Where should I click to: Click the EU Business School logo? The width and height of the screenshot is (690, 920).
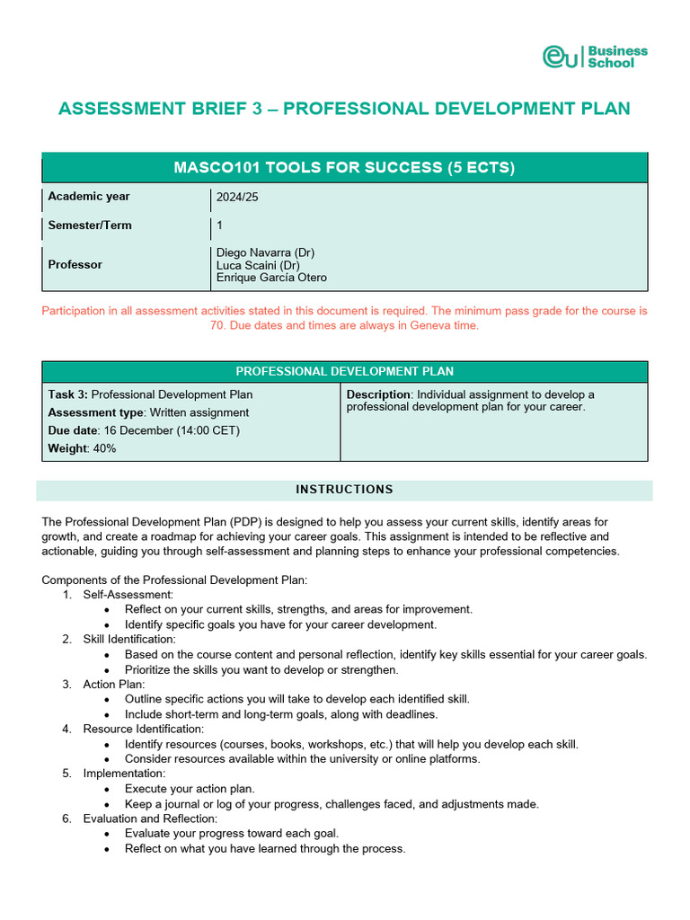pyautogui.click(x=594, y=57)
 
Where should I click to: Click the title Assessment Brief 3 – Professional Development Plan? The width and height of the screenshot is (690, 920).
pyautogui.click(x=344, y=109)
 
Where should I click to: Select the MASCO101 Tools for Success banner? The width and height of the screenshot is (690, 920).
pyautogui.click(x=344, y=168)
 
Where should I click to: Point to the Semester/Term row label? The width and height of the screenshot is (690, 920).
pyautogui.click(x=89, y=226)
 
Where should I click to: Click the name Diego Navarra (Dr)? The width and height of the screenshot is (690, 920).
pyautogui.click(x=265, y=252)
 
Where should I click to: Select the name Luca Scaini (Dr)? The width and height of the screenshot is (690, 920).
pyautogui.click(x=258, y=265)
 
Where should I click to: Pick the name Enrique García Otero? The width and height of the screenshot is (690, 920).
pyautogui.click(x=271, y=278)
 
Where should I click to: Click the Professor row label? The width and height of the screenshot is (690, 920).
pyautogui.click(x=75, y=265)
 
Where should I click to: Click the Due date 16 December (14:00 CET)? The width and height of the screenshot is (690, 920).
pyautogui.click(x=144, y=430)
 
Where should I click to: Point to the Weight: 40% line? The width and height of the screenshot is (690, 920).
pyautogui.click(x=82, y=448)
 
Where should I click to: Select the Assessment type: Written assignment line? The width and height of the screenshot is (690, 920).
pyautogui.click(x=148, y=412)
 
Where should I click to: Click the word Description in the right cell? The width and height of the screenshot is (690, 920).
pyautogui.click(x=378, y=394)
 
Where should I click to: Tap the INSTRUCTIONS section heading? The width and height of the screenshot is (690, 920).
pyautogui.click(x=344, y=490)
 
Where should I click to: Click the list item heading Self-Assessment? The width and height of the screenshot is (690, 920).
pyautogui.click(x=128, y=595)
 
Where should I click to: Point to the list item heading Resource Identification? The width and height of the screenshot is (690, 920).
pyautogui.click(x=144, y=729)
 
